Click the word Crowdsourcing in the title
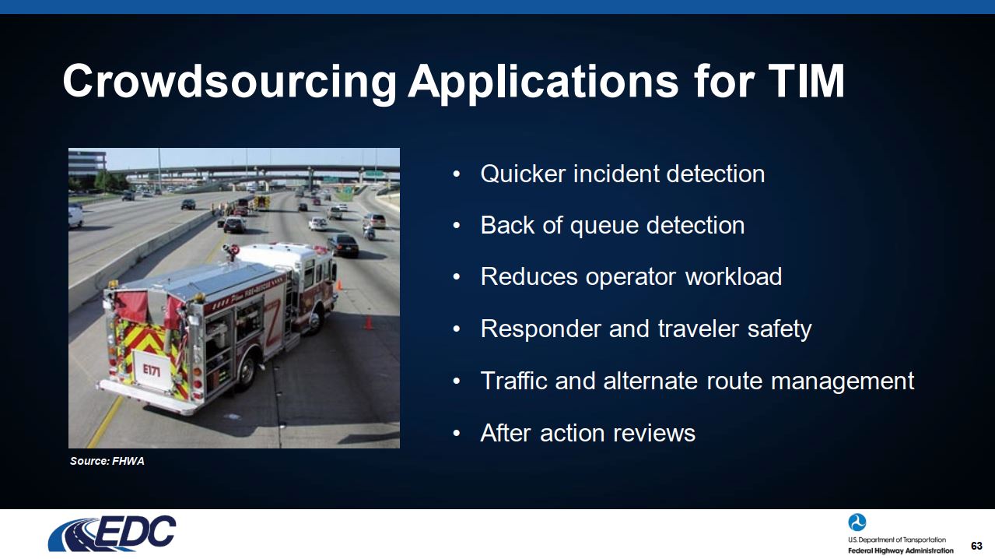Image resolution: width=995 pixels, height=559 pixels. click(x=229, y=82)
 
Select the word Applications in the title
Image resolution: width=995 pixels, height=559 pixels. click(x=543, y=83)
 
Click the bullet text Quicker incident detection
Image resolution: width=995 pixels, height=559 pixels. click(x=622, y=174)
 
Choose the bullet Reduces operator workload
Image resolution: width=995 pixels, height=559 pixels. click(x=631, y=276)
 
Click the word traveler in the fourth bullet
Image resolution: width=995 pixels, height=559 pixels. click(x=699, y=329)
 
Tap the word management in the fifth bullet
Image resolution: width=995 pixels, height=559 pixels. click(x=843, y=382)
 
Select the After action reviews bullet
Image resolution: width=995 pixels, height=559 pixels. click(x=587, y=433)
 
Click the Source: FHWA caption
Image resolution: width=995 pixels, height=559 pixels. click(x=107, y=461)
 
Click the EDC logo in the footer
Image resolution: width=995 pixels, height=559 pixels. click(x=112, y=533)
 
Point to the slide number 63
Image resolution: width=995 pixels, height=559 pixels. click(x=976, y=546)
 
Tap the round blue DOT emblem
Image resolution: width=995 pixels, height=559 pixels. click(x=857, y=522)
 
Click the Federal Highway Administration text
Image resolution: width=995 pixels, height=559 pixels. click(x=900, y=550)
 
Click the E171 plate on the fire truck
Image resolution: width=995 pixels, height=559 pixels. click(x=152, y=370)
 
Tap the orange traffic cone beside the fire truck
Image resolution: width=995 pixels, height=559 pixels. click(x=368, y=322)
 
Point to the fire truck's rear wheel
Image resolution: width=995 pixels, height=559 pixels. click(x=247, y=368)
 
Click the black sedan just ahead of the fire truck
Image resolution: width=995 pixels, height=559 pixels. click(x=343, y=245)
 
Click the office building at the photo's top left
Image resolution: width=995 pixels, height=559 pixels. click(x=87, y=163)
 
